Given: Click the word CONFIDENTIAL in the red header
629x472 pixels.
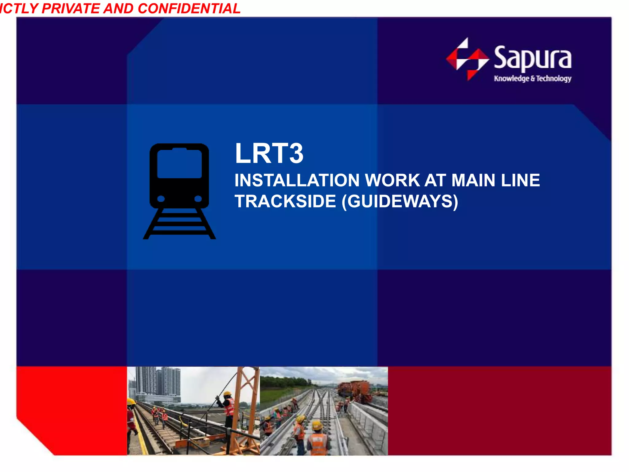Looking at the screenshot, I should (189, 8).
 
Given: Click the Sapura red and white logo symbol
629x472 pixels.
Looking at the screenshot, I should (467, 59).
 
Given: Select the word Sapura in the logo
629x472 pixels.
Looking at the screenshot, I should (533, 58).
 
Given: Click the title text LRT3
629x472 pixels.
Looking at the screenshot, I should (269, 153).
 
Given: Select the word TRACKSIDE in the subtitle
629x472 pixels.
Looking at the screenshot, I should (285, 202).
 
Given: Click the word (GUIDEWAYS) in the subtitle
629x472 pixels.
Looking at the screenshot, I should (400, 202).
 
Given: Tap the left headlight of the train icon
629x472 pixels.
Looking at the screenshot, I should (161, 199).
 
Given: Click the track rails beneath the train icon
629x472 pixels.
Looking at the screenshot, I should (179, 224).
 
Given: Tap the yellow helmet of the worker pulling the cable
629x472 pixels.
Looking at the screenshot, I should (227, 394).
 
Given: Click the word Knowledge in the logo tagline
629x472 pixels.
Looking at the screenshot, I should (511, 79).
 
